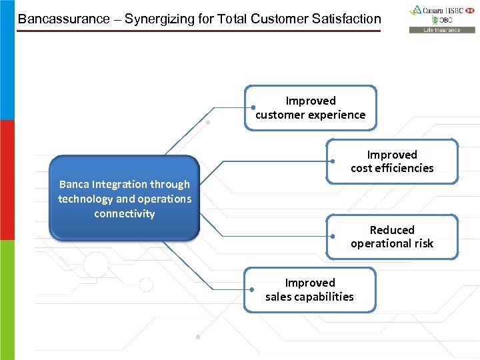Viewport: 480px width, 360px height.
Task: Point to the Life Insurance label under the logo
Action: tap(443, 30)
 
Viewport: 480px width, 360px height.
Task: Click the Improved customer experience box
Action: tap(311, 107)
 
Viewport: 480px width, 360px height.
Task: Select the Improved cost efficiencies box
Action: tap(392, 161)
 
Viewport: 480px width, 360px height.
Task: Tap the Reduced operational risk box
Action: tap(392, 237)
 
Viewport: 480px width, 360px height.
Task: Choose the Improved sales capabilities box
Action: tap(310, 289)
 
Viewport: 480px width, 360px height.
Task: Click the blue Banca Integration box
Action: tap(125, 199)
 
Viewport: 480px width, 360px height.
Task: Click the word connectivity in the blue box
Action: tap(125, 213)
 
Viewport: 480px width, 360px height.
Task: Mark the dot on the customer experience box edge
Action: tap(254, 107)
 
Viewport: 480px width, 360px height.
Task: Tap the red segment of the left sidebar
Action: tap(7, 180)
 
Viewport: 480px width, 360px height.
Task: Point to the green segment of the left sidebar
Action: tap(7, 300)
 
